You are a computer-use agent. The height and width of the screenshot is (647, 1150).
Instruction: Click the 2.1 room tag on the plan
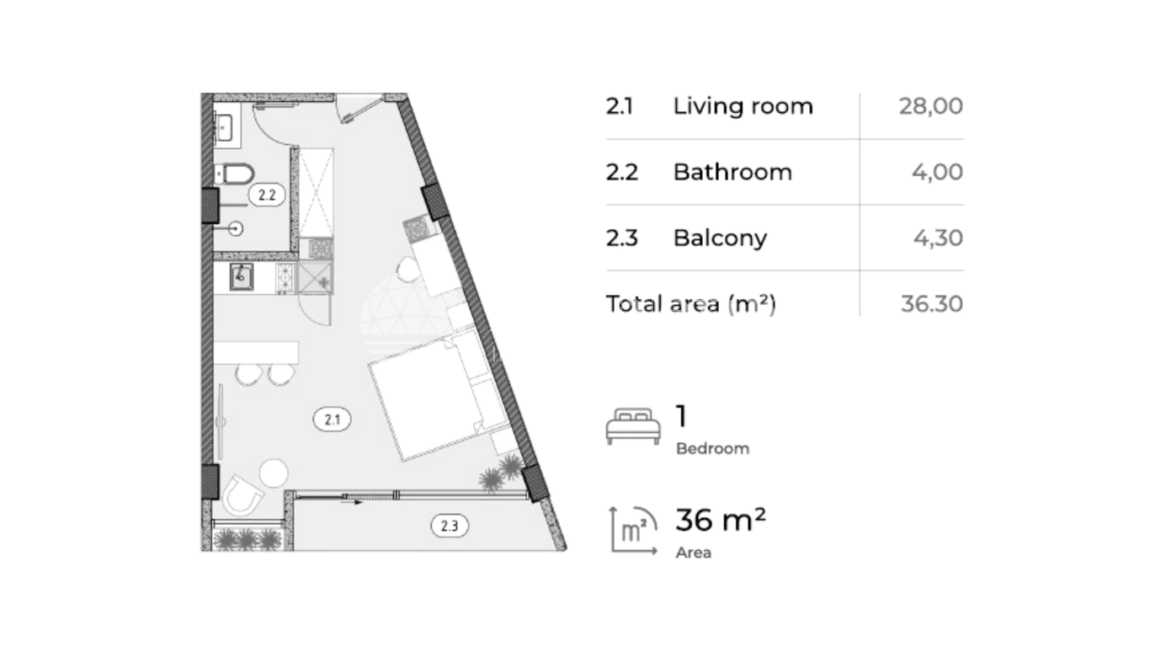(x=333, y=420)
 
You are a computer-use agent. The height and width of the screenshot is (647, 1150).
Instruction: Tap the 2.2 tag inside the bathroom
(x=266, y=195)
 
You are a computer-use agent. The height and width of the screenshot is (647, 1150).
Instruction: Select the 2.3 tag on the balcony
(x=450, y=526)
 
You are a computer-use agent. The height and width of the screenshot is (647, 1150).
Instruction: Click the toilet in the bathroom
(x=234, y=174)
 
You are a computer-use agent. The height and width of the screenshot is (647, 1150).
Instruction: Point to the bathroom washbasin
(x=225, y=127)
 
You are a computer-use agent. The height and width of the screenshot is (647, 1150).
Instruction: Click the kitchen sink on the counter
(x=241, y=277)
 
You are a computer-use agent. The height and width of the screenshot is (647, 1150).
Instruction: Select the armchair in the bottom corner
(x=241, y=495)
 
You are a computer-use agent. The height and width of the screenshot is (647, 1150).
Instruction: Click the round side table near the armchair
(x=274, y=473)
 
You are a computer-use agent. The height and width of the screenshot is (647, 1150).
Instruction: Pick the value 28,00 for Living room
(x=930, y=106)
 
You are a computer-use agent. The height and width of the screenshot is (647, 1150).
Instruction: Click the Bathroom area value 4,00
(x=937, y=172)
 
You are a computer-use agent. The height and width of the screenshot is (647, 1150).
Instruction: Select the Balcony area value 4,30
(x=938, y=238)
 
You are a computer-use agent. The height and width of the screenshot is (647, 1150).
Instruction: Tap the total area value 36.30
(x=931, y=304)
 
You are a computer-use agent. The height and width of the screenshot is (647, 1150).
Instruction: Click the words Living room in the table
(x=743, y=106)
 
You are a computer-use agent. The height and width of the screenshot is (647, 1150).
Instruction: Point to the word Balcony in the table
(x=720, y=238)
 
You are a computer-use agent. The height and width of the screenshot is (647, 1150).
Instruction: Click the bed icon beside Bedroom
(x=633, y=426)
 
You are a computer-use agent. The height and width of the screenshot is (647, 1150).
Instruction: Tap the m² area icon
(x=634, y=531)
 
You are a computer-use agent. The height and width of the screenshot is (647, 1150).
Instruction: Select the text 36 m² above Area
(x=721, y=520)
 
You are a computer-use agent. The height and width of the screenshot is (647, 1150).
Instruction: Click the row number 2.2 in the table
(x=621, y=172)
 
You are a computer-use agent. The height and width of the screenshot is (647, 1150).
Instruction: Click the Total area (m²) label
(x=690, y=304)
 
